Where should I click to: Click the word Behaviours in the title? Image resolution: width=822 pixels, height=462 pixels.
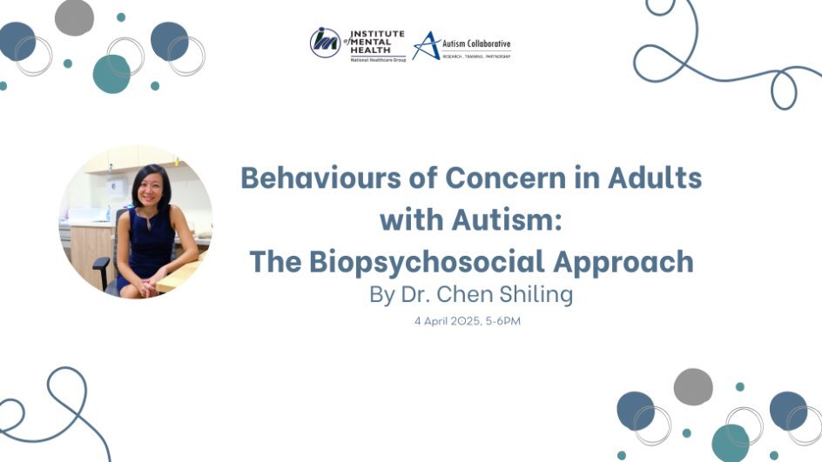point(320,177)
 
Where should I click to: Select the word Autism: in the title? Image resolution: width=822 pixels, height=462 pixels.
point(507,219)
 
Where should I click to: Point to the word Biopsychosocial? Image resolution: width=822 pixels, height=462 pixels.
point(427,261)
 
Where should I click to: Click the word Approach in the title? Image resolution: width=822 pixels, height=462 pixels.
point(623,261)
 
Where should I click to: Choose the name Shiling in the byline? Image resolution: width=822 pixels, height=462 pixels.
point(536,294)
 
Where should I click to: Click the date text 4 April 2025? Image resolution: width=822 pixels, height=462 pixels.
point(448,321)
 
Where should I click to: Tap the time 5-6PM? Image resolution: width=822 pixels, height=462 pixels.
point(502,321)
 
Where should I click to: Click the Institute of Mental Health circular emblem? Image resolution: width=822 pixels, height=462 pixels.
point(325,43)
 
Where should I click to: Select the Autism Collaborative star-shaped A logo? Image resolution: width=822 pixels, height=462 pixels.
point(426,45)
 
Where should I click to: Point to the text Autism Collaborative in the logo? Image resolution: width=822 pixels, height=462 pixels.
point(476,44)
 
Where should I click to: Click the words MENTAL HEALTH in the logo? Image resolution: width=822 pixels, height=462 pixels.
point(371,45)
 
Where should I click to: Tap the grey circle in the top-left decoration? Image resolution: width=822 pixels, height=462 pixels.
point(74,17)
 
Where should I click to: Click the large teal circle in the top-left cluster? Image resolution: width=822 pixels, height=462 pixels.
point(111,74)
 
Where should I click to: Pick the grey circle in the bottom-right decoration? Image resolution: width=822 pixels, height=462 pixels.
point(693,386)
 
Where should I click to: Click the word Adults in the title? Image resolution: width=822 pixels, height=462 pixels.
point(655,177)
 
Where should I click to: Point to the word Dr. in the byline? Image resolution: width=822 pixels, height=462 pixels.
point(416,294)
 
